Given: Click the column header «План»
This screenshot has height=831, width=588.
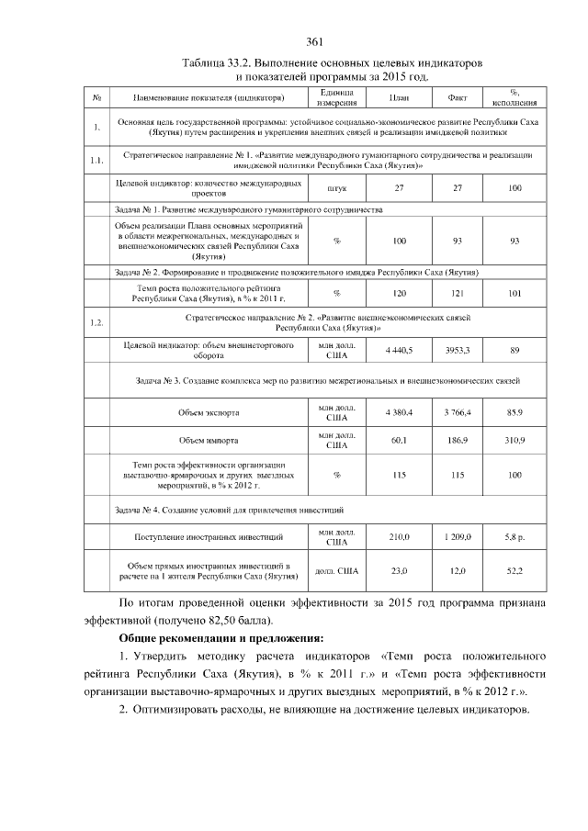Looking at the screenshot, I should pyautogui.click(x=400, y=97).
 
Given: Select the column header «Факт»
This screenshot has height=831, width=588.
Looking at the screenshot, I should pyautogui.click(x=458, y=97).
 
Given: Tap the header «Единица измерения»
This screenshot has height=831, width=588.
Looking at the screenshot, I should pyautogui.click(x=337, y=97).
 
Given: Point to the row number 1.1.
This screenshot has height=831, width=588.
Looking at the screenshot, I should pyautogui.click(x=96, y=162).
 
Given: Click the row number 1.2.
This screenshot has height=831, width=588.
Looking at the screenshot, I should pyautogui.click(x=96, y=322).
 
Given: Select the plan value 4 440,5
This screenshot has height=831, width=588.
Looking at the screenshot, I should pyautogui.click(x=400, y=351).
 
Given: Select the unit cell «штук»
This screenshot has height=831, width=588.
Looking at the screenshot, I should pyautogui.click(x=337, y=188).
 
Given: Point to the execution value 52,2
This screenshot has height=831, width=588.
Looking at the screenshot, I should pyautogui.click(x=515, y=571).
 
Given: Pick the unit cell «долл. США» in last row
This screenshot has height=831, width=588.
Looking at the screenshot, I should pyautogui.click(x=337, y=571).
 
